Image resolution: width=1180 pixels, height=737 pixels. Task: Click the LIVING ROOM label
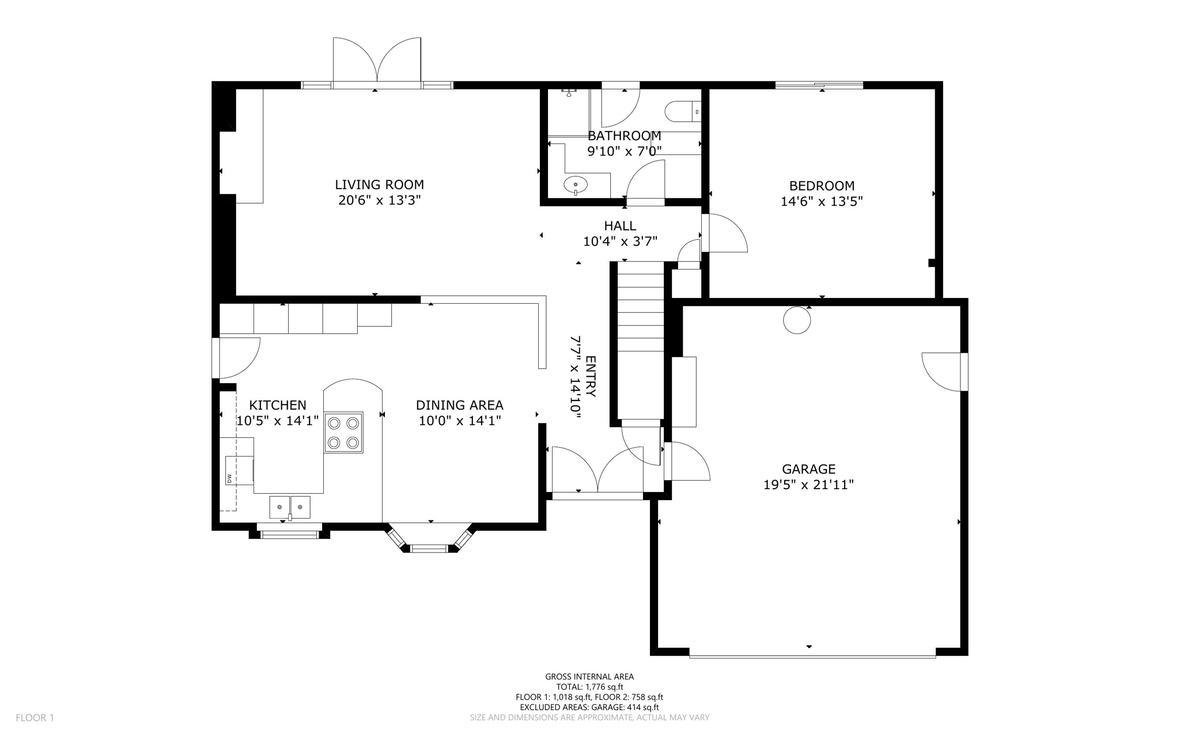pyautogui.click(x=379, y=185)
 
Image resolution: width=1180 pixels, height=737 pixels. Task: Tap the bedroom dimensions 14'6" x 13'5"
pyautogui.click(x=821, y=202)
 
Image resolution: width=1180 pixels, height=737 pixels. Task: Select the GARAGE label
pyautogui.click(x=808, y=469)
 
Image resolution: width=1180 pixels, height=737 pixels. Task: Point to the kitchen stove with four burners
pyautogui.click(x=343, y=432)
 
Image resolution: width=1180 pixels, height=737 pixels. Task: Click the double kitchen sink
pyautogui.click(x=290, y=507)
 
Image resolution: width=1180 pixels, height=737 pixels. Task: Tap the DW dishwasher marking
pyautogui.click(x=229, y=478)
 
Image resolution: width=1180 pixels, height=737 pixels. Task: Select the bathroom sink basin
pyautogui.click(x=576, y=185)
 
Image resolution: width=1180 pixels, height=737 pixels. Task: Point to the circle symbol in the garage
pyautogui.click(x=797, y=320)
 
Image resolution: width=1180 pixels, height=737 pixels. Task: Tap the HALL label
pyautogui.click(x=620, y=226)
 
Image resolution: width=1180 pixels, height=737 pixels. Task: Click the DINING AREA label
pyautogui.click(x=459, y=405)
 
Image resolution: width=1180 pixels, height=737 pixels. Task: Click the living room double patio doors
pyautogui.click(x=377, y=61)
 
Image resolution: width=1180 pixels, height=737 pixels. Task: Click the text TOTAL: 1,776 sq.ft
pyautogui.click(x=589, y=687)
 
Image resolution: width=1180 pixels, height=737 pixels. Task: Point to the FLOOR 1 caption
pyautogui.click(x=35, y=717)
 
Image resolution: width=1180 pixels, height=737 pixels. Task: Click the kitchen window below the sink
pyautogui.click(x=289, y=534)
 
